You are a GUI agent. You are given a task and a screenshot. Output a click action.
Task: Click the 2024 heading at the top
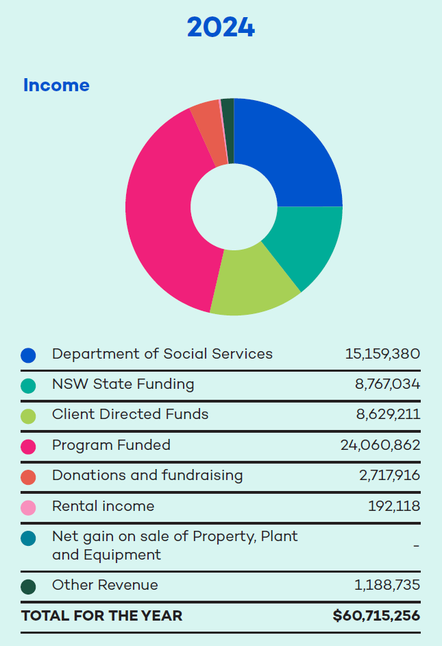click(221, 28)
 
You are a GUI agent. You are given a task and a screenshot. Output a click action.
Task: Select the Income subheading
click(56, 85)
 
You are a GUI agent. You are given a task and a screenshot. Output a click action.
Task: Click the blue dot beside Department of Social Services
click(28, 355)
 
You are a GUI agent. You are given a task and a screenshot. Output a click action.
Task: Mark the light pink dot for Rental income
click(28, 507)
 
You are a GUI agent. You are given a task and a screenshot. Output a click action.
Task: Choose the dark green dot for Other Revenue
click(28, 586)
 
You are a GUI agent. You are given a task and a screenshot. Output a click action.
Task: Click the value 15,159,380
click(382, 354)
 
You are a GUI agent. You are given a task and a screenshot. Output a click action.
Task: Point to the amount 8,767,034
click(387, 384)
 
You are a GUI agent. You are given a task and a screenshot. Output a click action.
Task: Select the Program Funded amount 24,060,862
click(380, 445)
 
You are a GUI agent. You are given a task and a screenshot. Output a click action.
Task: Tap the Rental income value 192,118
click(394, 506)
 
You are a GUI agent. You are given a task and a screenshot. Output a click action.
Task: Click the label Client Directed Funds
click(130, 414)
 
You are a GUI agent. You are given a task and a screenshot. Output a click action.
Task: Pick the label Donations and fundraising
click(147, 475)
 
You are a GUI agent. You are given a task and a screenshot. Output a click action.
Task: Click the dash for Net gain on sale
click(416, 546)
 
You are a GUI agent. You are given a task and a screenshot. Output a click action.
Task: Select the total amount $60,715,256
click(376, 616)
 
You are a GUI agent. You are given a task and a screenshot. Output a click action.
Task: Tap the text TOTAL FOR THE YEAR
click(102, 616)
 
